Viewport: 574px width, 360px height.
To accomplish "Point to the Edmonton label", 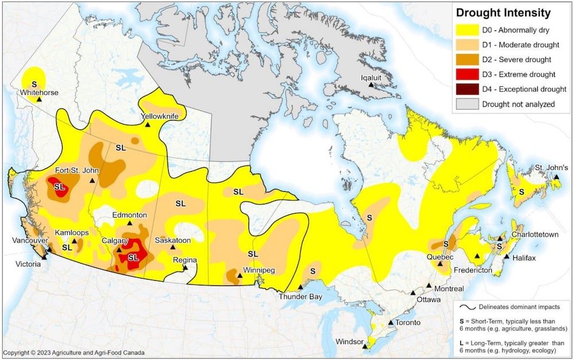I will click(129, 215).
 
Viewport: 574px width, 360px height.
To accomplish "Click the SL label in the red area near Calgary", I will click(133, 258).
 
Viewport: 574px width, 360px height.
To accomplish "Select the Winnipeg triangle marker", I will click(240, 276).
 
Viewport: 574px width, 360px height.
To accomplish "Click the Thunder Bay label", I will click(300, 297).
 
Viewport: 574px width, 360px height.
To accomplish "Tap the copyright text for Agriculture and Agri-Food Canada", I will click(73, 353).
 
